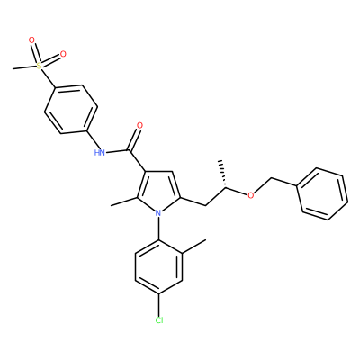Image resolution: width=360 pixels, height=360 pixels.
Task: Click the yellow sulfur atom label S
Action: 39,66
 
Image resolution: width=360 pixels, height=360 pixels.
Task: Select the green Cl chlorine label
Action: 159,320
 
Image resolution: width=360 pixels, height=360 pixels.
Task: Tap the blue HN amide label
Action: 100,152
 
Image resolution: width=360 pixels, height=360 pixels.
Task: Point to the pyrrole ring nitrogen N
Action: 158,213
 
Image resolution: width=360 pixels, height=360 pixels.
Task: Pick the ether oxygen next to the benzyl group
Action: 250,195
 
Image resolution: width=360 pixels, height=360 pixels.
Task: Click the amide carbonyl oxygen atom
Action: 139,125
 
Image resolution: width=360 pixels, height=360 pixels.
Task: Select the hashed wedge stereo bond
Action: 223,175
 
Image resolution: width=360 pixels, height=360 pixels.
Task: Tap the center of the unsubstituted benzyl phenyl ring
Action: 322,193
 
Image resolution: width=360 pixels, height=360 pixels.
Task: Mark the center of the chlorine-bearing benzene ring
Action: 158,267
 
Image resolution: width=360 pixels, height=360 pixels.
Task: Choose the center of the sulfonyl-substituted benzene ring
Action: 71,110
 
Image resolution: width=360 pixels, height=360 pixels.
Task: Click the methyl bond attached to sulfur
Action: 24,67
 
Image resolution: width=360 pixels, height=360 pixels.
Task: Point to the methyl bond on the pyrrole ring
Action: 124,202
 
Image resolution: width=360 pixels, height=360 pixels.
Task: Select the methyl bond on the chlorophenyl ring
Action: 194,247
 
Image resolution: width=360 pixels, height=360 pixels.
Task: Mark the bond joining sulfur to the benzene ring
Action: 47,78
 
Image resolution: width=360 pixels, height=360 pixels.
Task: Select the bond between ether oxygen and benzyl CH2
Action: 263,186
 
